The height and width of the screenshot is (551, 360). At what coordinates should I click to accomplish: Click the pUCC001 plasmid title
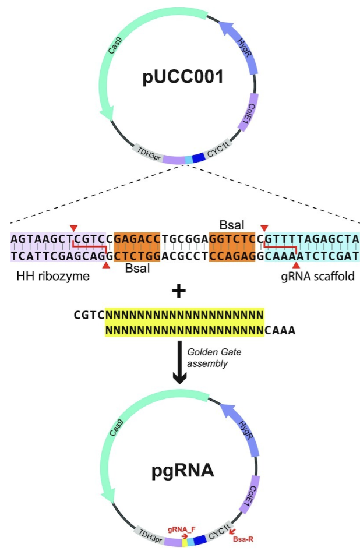183,77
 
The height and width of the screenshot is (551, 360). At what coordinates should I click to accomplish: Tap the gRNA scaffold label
317,276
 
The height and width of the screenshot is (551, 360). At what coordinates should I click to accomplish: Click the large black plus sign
181,291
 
